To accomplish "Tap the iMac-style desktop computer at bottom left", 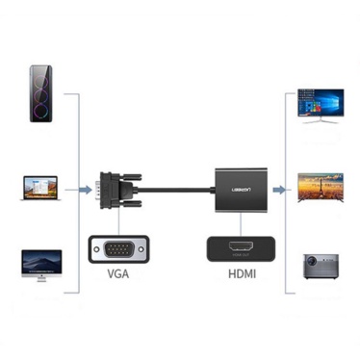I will click(41, 266).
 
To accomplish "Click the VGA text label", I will click(118, 274).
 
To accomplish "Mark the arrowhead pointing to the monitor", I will click(293, 95).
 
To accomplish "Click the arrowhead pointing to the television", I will click(293, 187).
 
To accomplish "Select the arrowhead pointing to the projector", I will click(293, 274).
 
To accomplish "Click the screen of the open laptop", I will click(41, 184).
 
